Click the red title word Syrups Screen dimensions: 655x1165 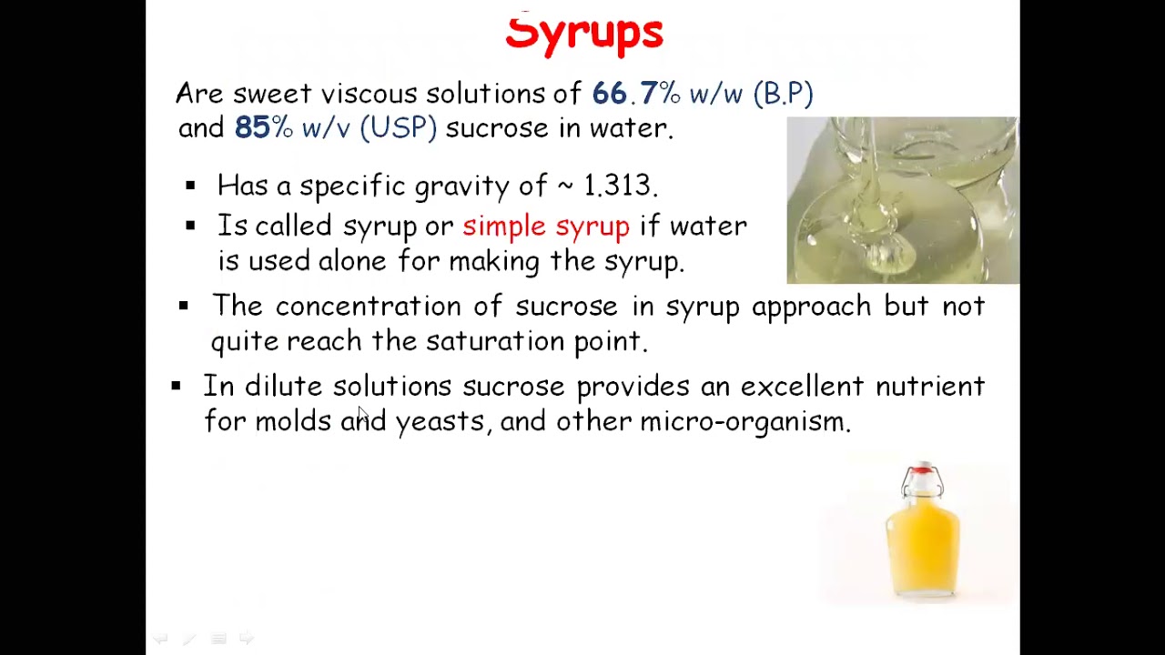pyautogui.click(x=584, y=34)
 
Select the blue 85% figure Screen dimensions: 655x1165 pyautogui.click(x=263, y=128)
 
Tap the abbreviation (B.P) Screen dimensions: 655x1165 pyautogui.click(x=783, y=94)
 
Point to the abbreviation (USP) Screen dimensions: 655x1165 pyautogui.click(x=398, y=128)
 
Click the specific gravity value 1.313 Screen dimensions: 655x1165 pyautogui.click(x=618, y=186)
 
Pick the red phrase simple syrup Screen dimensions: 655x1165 pyautogui.click(x=546, y=227)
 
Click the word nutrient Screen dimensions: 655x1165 pyautogui.click(x=929, y=387)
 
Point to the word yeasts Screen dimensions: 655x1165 pyautogui.click(x=440, y=422)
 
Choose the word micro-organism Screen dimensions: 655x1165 pyautogui.click(x=744, y=422)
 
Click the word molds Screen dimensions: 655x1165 pyautogui.click(x=292, y=422)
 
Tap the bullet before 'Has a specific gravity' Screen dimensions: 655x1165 pyautogui.click(x=190, y=186)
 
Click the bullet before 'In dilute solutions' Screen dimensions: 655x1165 pyautogui.click(x=176, y=387)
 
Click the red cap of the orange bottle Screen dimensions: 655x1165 pyautogui.click(x=922, y=470)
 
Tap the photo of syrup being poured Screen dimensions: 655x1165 pyautogui.click(x=902, y=200)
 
